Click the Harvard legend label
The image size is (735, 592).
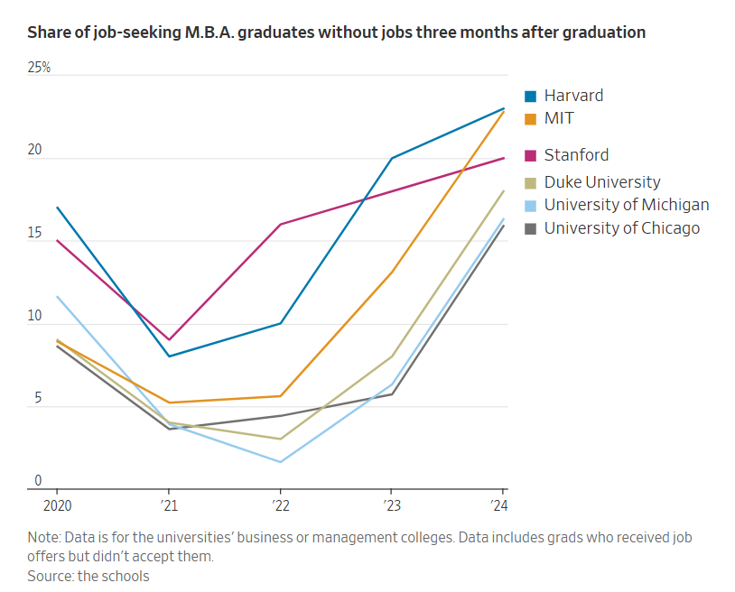tap(573, 96)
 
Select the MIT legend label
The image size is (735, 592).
tap(559, 118)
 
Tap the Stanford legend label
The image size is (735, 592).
tap(576, 155)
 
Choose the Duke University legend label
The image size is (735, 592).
tap(602, 182)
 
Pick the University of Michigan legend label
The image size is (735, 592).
tap(626, 205)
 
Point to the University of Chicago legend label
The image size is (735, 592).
tap(621, 228)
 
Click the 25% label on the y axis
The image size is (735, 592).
tap(40, 69)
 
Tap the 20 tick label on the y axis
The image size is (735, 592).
tap(36, 151)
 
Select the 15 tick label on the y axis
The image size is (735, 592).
tap(36, 234)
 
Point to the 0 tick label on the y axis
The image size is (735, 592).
tap(38, 481)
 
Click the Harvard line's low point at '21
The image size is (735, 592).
tap(168, 356)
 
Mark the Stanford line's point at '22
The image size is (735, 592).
tap(280, 224)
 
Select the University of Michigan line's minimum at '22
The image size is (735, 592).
tap(280, 462)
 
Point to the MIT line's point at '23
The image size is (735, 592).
tap(392, 272)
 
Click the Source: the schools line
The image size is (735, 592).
tap(88, 576)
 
